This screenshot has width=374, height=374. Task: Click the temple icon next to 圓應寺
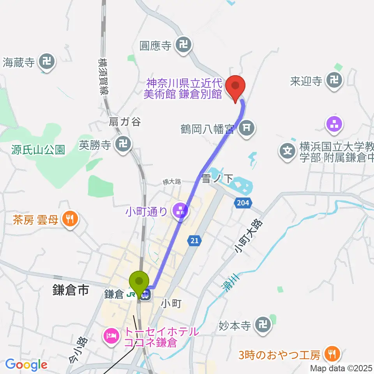tap(184, 46)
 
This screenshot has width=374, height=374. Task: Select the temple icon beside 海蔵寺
tap(47, 62)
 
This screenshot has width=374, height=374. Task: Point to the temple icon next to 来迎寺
tap(334, 81)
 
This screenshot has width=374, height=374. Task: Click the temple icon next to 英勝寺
tap(123, 145)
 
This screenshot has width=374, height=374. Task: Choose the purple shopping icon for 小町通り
tap(180, 212)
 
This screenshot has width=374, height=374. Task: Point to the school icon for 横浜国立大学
tap(288, 150)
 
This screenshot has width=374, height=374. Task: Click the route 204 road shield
tap(243, 203)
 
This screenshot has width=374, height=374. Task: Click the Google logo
tap(26, 365)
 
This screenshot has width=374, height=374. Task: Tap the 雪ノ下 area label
tap(217, 179)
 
